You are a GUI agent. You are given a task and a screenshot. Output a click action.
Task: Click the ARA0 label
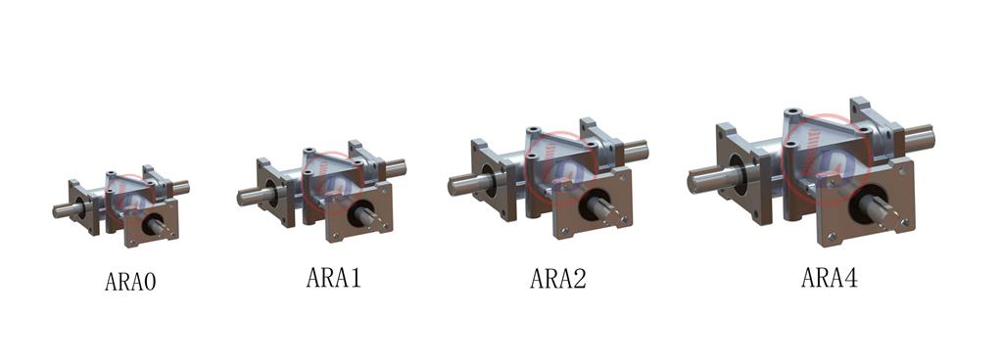click(130, 281)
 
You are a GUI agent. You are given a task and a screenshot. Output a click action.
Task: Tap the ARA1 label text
click(333, 277)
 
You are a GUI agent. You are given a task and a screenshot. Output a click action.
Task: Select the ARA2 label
click(557, 278)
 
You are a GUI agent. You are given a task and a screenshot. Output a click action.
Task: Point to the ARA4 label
click(829, 277)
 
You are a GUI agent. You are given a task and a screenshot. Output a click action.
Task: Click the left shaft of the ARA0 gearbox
click(65, 209)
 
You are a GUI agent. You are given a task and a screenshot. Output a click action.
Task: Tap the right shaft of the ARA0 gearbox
click(181, 187)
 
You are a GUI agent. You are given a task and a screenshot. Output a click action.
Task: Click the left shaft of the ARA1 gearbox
click(253, 195)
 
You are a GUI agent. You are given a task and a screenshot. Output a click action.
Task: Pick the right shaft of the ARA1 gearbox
click(395, 168)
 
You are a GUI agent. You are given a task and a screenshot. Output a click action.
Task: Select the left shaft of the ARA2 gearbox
click(467, 183)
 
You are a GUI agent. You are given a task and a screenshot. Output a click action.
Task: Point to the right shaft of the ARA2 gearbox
click(635, 152)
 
